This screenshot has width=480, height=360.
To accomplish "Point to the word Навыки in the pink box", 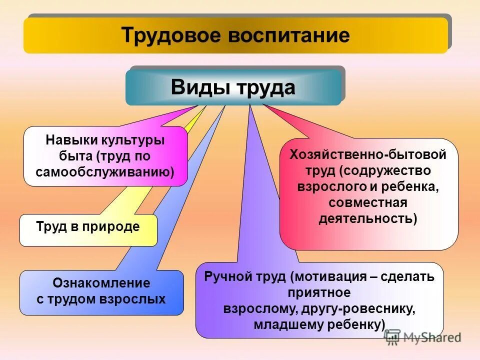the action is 69,140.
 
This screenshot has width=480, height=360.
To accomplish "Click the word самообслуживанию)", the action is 105,171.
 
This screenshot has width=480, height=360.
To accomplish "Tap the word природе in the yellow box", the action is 114,226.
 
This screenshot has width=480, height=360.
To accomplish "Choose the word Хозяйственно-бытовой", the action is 368,154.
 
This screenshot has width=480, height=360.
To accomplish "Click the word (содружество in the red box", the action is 385,170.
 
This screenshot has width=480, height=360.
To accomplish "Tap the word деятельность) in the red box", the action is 367,218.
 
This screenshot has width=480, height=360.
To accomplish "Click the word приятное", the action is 319,292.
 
